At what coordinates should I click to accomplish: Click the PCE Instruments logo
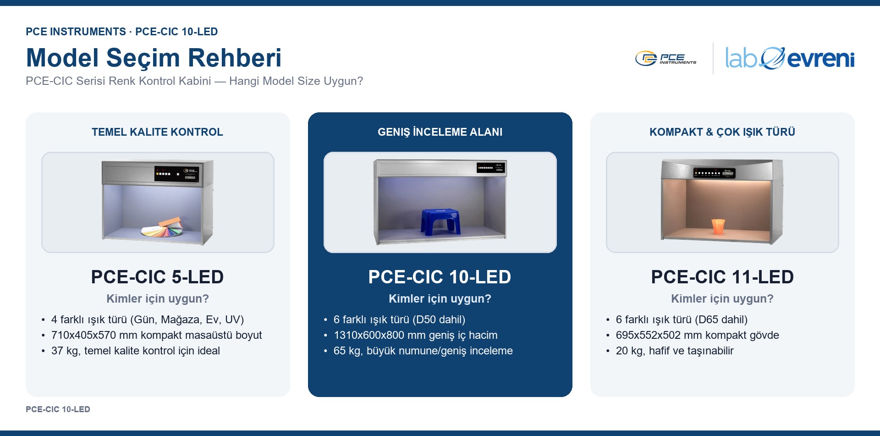pyautogui.click(x=665, y=58)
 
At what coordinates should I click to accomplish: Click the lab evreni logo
pyautogui.click(x=790, y=58)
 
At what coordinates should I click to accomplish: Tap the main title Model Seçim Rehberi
pyautogui.click(x=154, y=58)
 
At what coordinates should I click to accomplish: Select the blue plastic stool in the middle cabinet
pyautogui.click(x=440, y=222)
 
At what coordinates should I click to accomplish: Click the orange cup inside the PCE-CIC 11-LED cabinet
pyautogui.click(x=717, y=226)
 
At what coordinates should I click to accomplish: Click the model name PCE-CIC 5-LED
pyautogui.click(x=157, y=277)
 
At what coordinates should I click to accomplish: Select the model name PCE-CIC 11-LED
pyautogui.click(x=722, y=277)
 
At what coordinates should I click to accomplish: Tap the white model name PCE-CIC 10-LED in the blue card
pyautogui.click(x=440, y=277)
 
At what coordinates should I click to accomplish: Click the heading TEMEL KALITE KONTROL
pyautogui.click(x=157, y=132)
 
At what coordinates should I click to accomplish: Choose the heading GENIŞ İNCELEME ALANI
pyautogui.click(x=440, y=132)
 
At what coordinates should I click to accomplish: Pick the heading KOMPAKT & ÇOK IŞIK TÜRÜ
pyautogui.click(x=722, y=132)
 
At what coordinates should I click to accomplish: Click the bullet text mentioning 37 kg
pyautogui.click(x=136, y=351)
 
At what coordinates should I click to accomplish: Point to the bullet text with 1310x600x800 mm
pyautogui.click(x=416, y=335)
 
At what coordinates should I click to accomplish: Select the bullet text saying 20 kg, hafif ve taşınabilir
pyautogui.click(x=675, y=351)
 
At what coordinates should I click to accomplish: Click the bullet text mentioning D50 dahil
pyautogui.click(x=399, y=320)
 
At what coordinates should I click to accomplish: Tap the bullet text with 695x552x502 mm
pyautogui.click(x=698, y=335)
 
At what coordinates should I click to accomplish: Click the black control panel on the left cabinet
pyautogui.click(x=177, y=173)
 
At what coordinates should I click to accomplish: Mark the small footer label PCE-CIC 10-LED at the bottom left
pyautogui.click(x=58, y=409)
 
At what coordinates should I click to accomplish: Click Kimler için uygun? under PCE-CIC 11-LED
pyautogui.click(x=722, y=299)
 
